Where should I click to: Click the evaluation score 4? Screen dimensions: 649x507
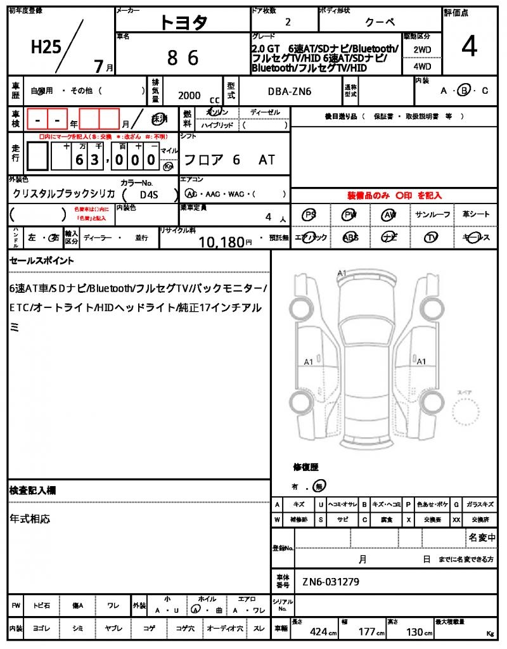pos(469,46)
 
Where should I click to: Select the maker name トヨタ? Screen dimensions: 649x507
pos(183,22)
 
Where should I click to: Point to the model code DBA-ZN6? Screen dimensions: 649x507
pos(290,91)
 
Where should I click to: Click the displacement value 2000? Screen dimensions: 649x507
pos(189,95)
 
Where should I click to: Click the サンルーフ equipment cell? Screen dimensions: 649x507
pos(433,215)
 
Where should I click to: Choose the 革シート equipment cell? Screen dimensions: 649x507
pos(476,215)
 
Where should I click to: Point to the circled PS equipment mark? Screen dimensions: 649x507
pos(309,215)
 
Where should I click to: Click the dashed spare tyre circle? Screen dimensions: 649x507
pos(468,415)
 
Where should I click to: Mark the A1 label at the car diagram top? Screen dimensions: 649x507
pos(342,273)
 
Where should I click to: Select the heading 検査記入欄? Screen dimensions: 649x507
pos(33,491)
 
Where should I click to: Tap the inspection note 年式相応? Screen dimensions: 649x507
pos(30,518)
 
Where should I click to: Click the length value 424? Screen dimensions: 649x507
pos(318,632)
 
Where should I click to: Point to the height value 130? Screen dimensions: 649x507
pos(416,632)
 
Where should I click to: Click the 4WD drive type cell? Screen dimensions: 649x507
pos(422,66)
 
